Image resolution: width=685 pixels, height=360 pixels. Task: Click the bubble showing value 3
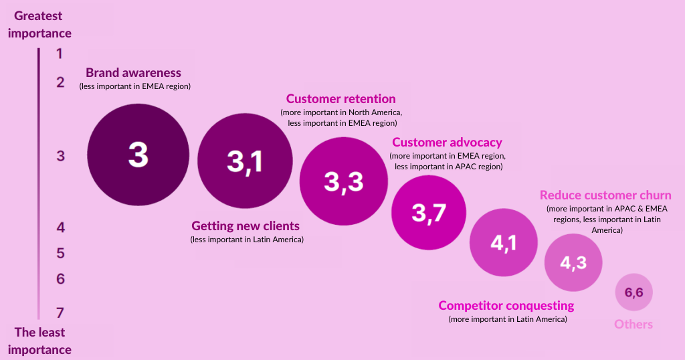pos(138,155)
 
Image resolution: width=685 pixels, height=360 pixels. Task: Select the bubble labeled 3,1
pos(245,161)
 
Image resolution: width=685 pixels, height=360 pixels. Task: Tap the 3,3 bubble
pos(344,181)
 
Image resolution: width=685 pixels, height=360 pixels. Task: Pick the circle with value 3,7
pos(429,213)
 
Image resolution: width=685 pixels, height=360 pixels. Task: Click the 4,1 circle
pos(504,242)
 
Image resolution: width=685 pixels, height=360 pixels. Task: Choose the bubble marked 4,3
pos(573,262)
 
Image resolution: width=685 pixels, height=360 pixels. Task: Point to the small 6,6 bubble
pos(634,292)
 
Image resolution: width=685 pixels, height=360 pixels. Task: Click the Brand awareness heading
pos(133,72)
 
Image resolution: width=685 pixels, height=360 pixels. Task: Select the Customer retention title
pos(340,99)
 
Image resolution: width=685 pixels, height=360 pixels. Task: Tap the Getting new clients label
pos(246,226)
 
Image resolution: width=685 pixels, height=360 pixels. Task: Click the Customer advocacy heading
pos(447,143)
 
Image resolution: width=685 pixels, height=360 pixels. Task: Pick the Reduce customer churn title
pos(605,195)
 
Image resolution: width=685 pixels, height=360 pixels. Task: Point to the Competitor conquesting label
pos(506,305)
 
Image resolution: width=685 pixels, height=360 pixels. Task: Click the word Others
pos(633,324)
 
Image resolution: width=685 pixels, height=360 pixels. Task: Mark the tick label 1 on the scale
pos(60,54)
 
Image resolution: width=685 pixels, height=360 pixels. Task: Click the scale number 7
pos(60,312)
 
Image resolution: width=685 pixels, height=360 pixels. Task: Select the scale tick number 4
pos(60,228)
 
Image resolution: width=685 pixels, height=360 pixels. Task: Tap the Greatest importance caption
pos(39,25)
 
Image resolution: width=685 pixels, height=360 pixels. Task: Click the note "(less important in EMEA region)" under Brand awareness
pos(135,86)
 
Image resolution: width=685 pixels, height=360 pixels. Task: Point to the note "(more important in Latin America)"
pos(508,319)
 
